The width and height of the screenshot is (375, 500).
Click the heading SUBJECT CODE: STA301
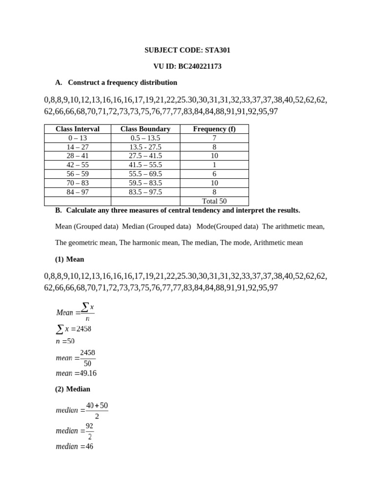[x=187, y=50]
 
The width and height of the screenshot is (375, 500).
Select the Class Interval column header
[x=78, y=129]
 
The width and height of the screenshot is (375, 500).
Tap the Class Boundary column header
[x=146, y=129]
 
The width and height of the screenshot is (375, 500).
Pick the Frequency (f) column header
[x=214, y=129]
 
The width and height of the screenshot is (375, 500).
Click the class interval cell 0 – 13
[x=78, y=138]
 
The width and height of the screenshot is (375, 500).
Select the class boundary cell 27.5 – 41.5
[x=146, y=156]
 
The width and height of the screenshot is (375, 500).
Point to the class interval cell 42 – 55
[x=78, y=165]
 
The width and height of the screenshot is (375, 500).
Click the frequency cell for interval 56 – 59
[x=214, y=174]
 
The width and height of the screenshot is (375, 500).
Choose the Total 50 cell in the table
[x=214, y=201]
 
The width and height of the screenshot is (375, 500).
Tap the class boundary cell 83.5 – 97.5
[x=146, y=192]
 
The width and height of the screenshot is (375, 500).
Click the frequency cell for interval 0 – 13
[x=214, y=138]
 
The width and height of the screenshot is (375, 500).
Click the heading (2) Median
[x=73, y=389]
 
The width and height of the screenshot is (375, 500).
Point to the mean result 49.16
[x=87, y=374]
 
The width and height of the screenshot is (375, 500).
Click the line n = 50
[x=65, y=341]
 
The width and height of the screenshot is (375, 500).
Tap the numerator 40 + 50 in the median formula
[x=97, y=406]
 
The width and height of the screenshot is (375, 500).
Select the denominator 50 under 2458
[x=87, y=363]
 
